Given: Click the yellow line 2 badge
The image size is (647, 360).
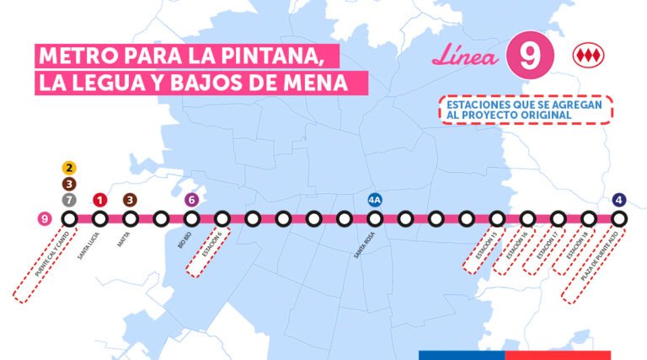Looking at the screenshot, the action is [x=69, y=168].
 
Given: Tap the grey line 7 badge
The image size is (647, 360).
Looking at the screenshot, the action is [x=69, y=200].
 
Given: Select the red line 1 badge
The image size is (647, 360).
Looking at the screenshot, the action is [x=99, y=200].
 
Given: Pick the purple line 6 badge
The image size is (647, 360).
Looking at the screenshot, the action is [x=191, y=200].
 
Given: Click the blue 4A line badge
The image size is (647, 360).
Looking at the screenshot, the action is [x=375, y=200].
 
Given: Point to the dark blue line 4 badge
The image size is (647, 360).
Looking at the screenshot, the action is [x=619, y=200].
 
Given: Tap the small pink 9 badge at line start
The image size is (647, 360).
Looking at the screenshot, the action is [x=45, y=219].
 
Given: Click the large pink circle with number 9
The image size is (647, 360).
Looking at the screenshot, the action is [x=530, y=56].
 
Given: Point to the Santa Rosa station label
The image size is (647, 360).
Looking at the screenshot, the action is [x=365, y=243].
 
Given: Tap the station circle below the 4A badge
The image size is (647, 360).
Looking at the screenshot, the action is [x=375, y=219].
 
